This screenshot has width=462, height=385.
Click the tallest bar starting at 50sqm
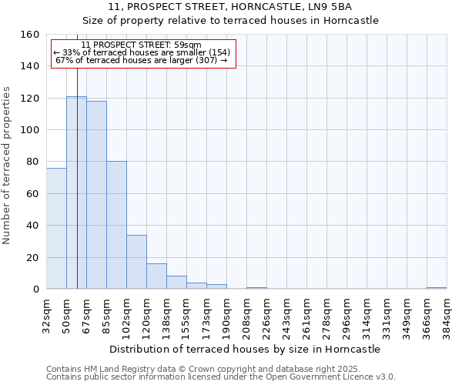click(x=76, y=192)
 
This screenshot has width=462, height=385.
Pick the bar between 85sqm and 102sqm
click(x=116, y=225)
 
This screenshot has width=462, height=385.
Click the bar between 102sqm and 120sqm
click(x=136, y=262)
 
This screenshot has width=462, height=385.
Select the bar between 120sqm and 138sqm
click(x=156, y=276)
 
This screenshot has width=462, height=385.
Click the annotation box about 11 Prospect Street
click(x=143, y=53)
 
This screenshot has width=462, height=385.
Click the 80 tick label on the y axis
click(x=33, y=162)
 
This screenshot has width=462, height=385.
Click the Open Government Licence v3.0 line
click(x=221, y=377)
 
